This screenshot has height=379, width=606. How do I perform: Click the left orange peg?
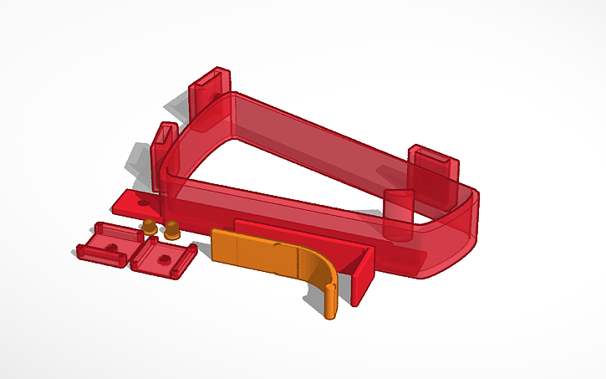click(149, 226)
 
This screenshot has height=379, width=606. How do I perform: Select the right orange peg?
click(172, 229)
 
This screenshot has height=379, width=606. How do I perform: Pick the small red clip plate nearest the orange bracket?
click(166, 258)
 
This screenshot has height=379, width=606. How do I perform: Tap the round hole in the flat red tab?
click(144, 202)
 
